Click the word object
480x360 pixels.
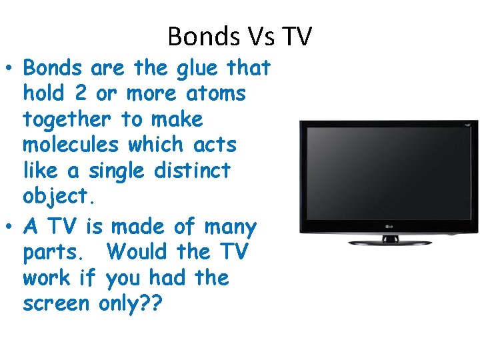point(55,196)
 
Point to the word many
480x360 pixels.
point(228,227)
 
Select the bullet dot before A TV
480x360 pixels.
point(11,227)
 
